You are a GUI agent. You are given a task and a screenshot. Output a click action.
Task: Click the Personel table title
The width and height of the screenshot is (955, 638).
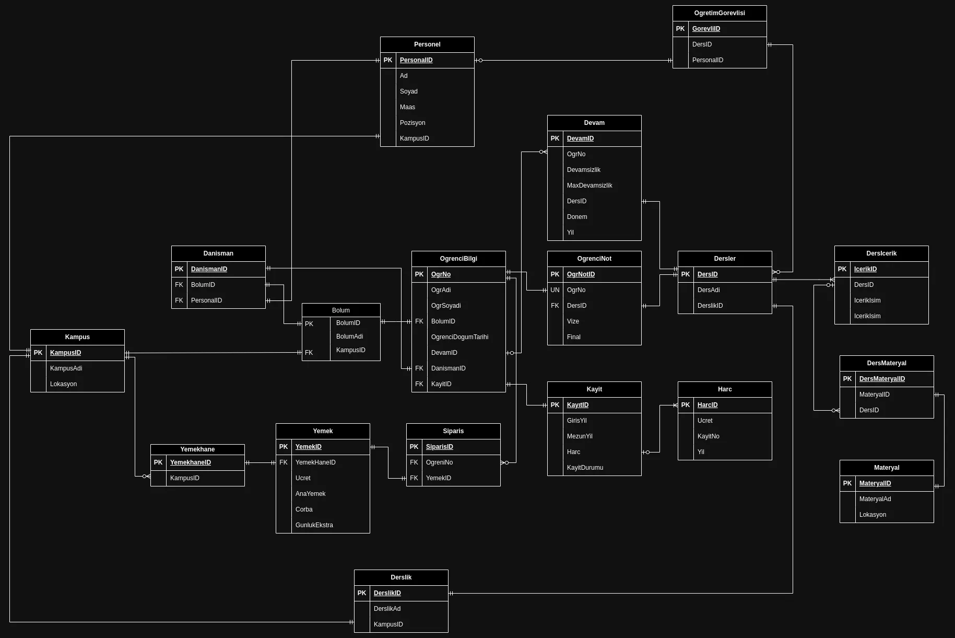click(x=427, y=44)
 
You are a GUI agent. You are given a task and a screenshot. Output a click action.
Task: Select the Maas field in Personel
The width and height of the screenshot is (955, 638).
click(x=407, y=107)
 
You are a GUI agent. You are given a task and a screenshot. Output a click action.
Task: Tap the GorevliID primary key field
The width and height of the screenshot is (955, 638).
click(x=706, y=29)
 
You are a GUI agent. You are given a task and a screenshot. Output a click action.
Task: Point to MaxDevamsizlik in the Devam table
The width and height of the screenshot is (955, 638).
click(x=589, y=185)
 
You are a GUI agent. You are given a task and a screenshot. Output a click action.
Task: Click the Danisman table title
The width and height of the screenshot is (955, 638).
click(x=218, y=253)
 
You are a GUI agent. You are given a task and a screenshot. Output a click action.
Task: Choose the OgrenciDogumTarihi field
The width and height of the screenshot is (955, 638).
click(x=459, y=337)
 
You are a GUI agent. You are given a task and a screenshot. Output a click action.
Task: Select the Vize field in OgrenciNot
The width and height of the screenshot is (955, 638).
click(x=573, y=321)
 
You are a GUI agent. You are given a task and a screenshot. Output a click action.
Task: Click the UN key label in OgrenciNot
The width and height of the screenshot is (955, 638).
click(x=555, y=290)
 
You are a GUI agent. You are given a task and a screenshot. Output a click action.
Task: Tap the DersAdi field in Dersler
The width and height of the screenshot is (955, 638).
click(x=709, y=290)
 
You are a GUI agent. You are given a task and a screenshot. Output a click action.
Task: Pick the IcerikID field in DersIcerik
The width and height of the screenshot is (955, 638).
click(x=865, y=269)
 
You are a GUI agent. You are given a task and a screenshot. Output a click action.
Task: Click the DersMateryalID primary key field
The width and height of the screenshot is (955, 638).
click(x=882, y=379)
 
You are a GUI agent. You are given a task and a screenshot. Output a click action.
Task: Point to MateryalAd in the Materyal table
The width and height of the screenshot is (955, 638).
click(x=875, y=499)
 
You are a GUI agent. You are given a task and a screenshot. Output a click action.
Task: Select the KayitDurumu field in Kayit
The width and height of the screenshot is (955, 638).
click(x=585, y=468)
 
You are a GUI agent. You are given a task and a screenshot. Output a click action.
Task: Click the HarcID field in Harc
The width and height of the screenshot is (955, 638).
click(x=708, y=405)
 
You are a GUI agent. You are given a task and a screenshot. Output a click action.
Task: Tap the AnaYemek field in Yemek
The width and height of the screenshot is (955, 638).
click(x=310, y=494)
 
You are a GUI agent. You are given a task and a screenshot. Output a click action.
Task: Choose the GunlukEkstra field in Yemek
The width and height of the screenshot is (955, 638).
click(x=314, y=525)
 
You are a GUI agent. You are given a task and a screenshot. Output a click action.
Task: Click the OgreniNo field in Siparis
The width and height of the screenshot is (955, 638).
click(x=439, y=462)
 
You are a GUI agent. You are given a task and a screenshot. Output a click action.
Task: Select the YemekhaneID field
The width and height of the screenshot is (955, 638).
click(x=191, y=462)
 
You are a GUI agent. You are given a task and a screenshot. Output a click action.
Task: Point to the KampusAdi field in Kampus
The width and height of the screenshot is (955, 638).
click(x=66, y=368)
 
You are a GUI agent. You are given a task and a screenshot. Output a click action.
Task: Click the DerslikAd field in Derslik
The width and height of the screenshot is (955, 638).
click(x=387, y=609)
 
